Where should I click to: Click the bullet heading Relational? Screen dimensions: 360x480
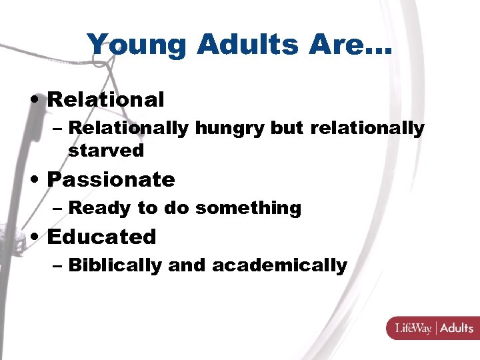click(x=105, y=100)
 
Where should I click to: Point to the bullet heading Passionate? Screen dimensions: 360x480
click(x=111, y=179)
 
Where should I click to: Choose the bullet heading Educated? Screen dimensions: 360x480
click(x=101, y=237)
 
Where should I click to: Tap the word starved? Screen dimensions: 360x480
click(x=106, y=151)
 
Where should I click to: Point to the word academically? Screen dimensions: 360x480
click(x=279, y=266)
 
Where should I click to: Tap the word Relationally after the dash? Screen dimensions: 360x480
click(x=128, y=128)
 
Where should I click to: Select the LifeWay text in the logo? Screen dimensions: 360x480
click(x=413, y=328)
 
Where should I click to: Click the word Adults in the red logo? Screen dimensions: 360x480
click(x=456, y=328)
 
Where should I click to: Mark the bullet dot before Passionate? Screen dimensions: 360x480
click(x=37, y=180)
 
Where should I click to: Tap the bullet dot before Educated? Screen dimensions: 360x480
click(x=37, y=237)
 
